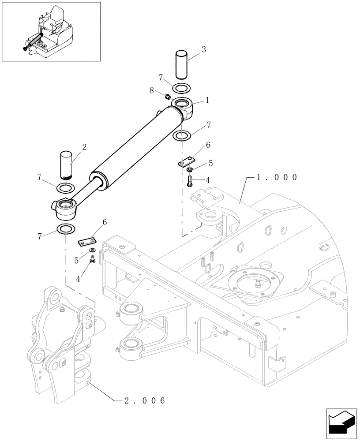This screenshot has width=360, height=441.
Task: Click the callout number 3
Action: [203, 50]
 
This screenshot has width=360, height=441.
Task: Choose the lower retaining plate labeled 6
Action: [88, 241]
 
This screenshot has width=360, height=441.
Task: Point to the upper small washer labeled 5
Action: [189, 170]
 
